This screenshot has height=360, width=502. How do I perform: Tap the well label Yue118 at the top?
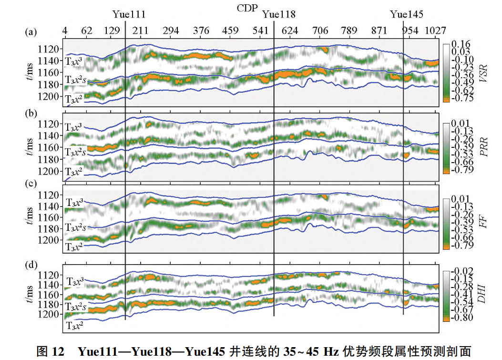pyautogui.click(x=279, y=14)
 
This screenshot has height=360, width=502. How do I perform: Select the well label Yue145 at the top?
pyautogui.click(x=406, y=14)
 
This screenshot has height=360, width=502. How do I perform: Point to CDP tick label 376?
pyautogui.click(x=201, y=31)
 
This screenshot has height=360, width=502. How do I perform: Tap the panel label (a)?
pyautogui.click(x=31, y=32)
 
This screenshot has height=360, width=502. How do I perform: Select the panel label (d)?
pyautogui.click(x=31, y=261)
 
